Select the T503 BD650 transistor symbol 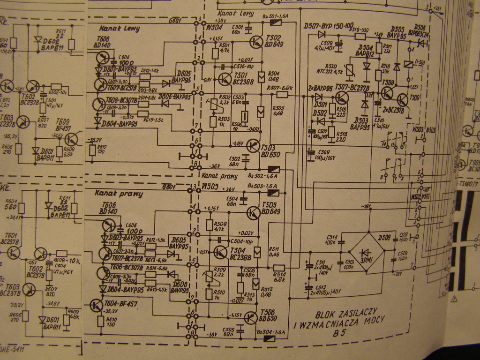(x=254, y=146)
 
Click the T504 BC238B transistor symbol (x=220, y=252)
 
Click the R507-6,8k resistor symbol (x=282, y=95)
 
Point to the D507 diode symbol (x=322, y=34)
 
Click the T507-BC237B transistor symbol (x=342, y=98)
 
